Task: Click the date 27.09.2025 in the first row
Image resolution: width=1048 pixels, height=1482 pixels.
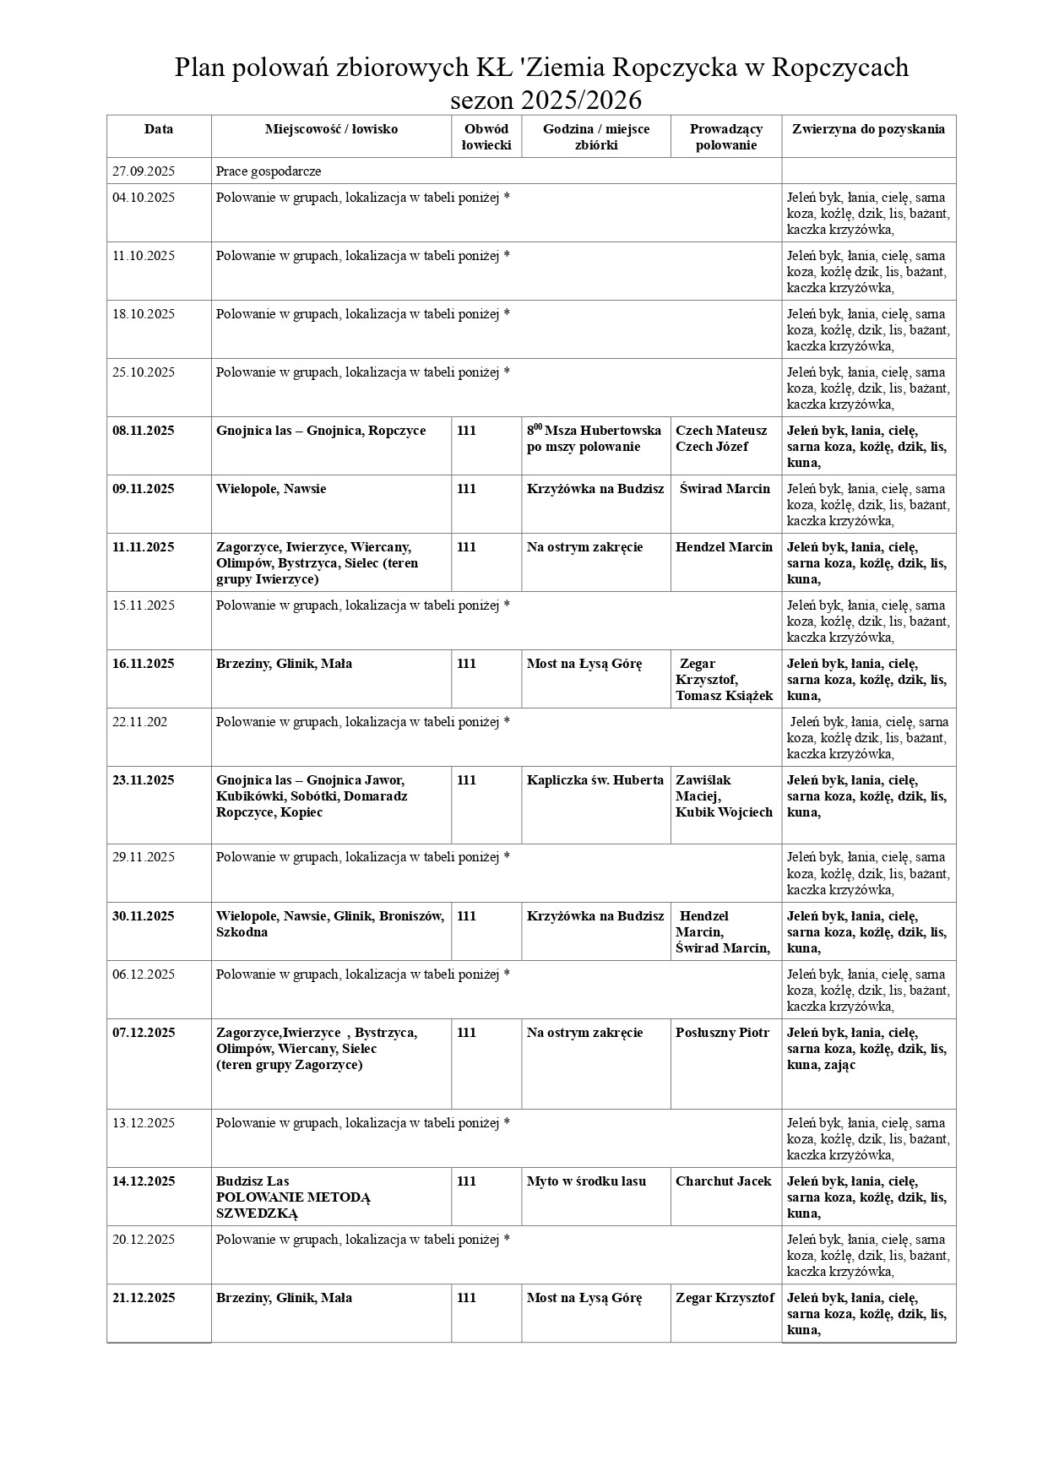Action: point(144,171)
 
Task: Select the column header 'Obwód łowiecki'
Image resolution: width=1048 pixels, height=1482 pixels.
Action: point(486,137)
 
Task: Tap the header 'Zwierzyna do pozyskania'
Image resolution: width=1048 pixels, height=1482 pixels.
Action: point(868,129)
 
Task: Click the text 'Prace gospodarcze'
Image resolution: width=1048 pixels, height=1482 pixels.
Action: point(269,171)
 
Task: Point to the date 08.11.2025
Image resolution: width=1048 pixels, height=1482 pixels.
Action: point(144,431)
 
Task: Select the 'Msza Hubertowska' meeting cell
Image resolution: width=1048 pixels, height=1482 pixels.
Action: point(595,438)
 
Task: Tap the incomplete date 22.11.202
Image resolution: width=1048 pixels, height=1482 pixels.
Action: point(140,722)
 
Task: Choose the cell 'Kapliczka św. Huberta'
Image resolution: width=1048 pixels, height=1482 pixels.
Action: point(595,780)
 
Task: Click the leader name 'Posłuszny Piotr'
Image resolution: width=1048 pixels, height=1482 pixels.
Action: point(723,1033)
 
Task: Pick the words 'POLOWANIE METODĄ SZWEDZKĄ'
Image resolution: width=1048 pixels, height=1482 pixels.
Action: point(293,1205)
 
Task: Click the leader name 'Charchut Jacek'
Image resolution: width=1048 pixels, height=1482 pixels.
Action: point(724,1181)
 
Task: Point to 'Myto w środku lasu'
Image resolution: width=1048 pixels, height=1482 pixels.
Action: point(586,1181)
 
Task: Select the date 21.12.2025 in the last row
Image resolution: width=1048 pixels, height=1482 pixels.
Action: point(144,1298)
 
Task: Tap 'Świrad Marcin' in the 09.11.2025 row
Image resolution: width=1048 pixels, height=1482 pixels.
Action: point(725,489)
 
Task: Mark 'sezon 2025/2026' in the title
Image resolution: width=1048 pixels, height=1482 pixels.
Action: point(546,100)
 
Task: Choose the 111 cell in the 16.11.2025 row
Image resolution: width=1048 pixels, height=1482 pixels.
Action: point(466,664)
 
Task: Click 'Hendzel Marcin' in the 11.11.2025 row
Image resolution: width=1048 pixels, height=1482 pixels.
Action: point(724,547)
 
